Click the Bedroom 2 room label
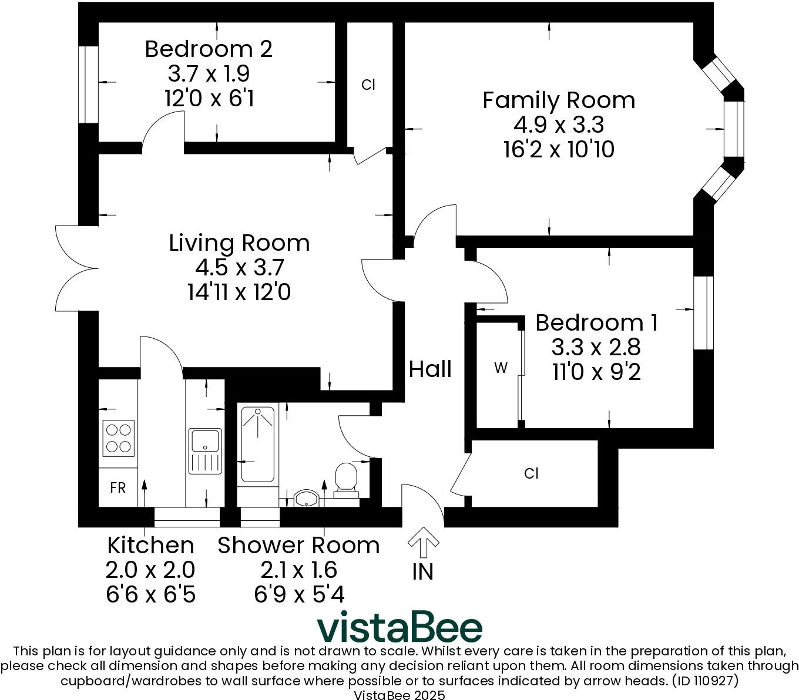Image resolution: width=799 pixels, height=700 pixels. click(x=209, y=49)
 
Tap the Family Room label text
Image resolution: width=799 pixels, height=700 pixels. click(x=559, y=100)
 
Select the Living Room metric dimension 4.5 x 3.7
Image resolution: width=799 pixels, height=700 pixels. click(x=240, y=268)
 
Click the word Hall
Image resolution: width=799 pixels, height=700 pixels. click(x=430, y=369)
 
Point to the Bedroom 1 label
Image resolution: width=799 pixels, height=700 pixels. click(x=596, y=323)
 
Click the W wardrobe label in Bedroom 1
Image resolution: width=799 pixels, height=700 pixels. click(x=501, y=368)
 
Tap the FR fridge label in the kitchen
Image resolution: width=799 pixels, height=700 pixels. click(x=117, y=488)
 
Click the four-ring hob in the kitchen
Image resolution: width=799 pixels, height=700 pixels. click(x=118, y=438)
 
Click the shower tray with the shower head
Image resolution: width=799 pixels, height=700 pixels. click(x=257, y=444)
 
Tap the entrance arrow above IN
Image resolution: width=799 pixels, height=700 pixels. click(x=423, y=542)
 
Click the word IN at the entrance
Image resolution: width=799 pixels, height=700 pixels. click(x=423, y=571)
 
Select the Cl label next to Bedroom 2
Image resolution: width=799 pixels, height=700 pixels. click(x=368, y=85)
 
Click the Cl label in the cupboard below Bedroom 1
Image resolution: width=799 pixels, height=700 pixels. click(x=531, y=473)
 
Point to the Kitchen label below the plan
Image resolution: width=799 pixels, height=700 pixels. click(x=150, y=546)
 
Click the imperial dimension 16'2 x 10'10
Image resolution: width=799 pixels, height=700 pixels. click(x=559, y=150)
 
